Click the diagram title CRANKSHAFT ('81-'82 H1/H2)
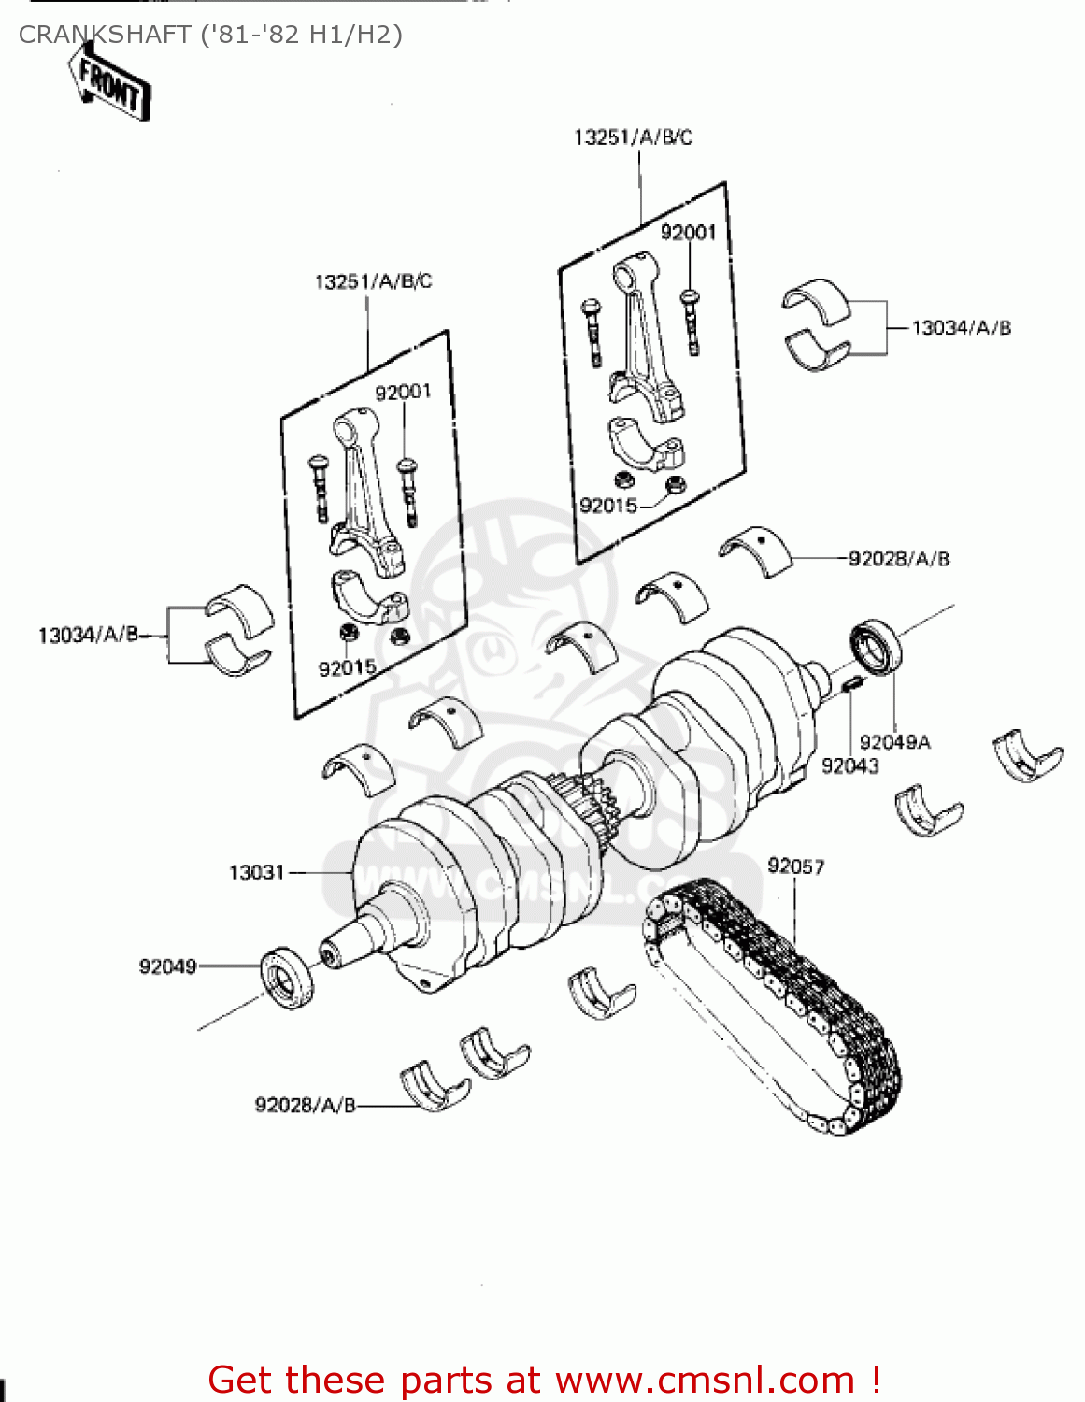[x=210, y=35]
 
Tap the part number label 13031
[x=256, y=872]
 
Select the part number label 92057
[x=796, y=866]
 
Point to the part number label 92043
[x=849, y=765]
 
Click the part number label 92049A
[x=894, y=742]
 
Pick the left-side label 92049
[x=168, y=966]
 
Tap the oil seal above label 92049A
[x=876, y=646]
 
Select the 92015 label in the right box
[x=608, y=506]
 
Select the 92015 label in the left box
[x=347, y=668]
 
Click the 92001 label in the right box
[x=688, y=232]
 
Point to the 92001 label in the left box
[x=403, y=392]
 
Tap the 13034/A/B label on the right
[x=962, y=328]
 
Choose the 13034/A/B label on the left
[x=88, y=636]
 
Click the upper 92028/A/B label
[x=899, y=559]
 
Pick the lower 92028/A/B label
[x=306, y=1106]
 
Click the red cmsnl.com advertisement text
[x=544, y=1380]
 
